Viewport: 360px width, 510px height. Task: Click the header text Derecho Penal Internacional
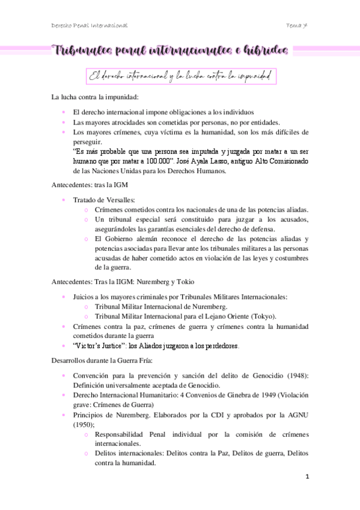pos(90,25)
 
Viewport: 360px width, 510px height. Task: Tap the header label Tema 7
pos(298,25)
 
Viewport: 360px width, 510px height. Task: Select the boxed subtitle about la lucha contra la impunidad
pos(180,76)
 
